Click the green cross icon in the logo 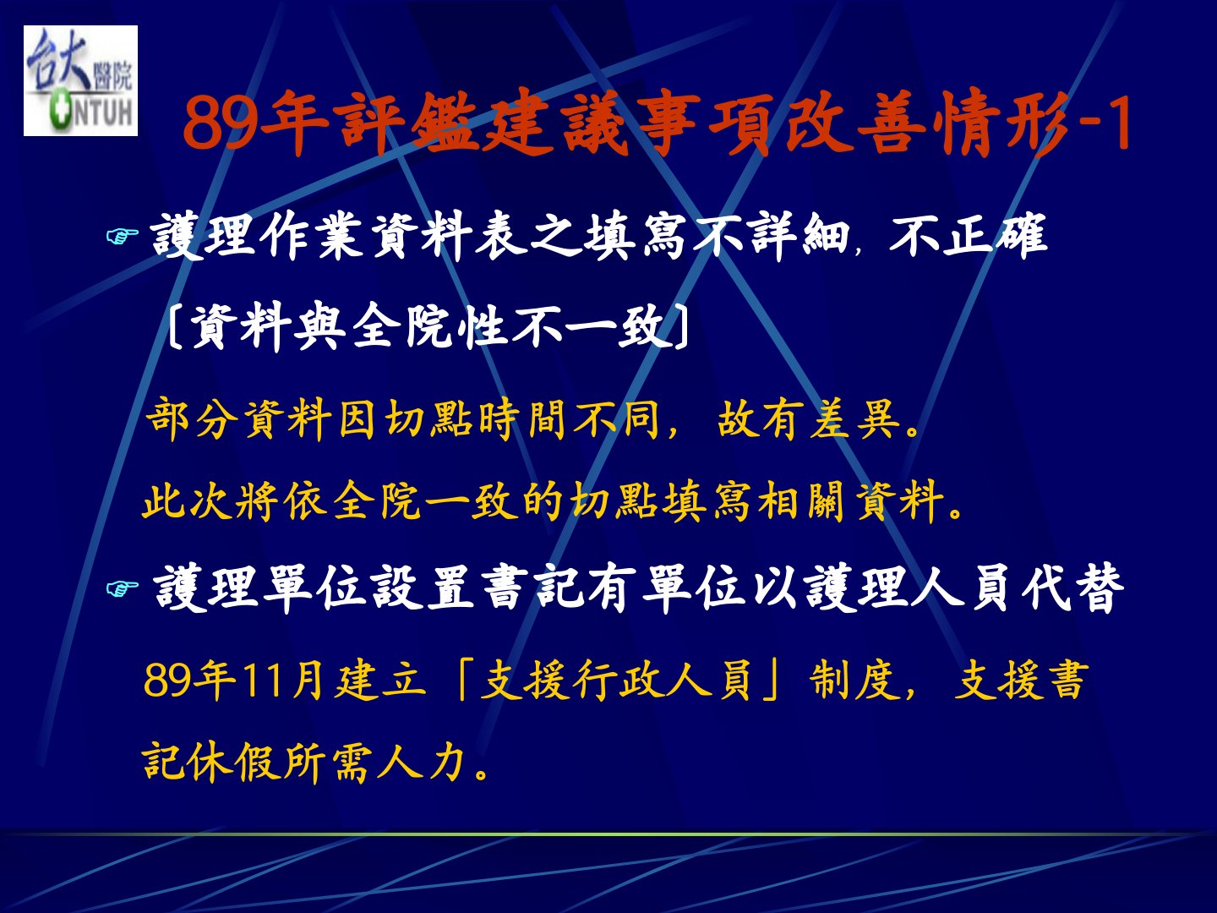pos(59,112)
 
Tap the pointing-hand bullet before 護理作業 pos(122,237)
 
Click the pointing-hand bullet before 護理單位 pos(122,588)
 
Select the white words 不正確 pos(968,237)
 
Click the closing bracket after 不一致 pos(682,328)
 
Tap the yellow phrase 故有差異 pos(809,418)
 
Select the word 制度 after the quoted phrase pos(854,681)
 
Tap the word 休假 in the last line pos(234,763)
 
